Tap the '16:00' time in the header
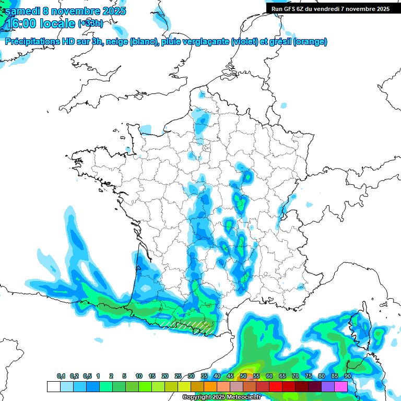click(20, 23)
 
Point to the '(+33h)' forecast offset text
click(90, 23)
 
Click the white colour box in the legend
click(53, 386)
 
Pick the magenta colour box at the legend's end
click(341, 386)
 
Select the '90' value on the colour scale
click(347, 376)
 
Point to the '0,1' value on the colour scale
click(61, 376)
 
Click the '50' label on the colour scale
click(243, 376)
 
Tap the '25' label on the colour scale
click(178, 376)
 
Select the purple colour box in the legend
click(328, 386)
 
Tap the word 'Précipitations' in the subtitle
click(31, 42)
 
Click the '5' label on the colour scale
click(124, 376)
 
